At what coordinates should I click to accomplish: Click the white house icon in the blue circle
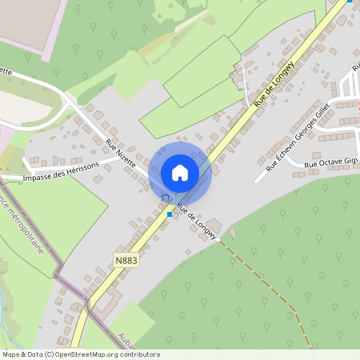pyautogui.click(x=180, y=173)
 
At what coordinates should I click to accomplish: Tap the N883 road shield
pyautogui.click(x=126, y=260)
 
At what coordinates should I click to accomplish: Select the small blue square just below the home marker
pyautogui.click(x=170, y=214)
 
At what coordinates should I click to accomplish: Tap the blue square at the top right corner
pyautogui.click(x=350, y=2)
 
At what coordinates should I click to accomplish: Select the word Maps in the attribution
pyautogui.click(x=11, y=354)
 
